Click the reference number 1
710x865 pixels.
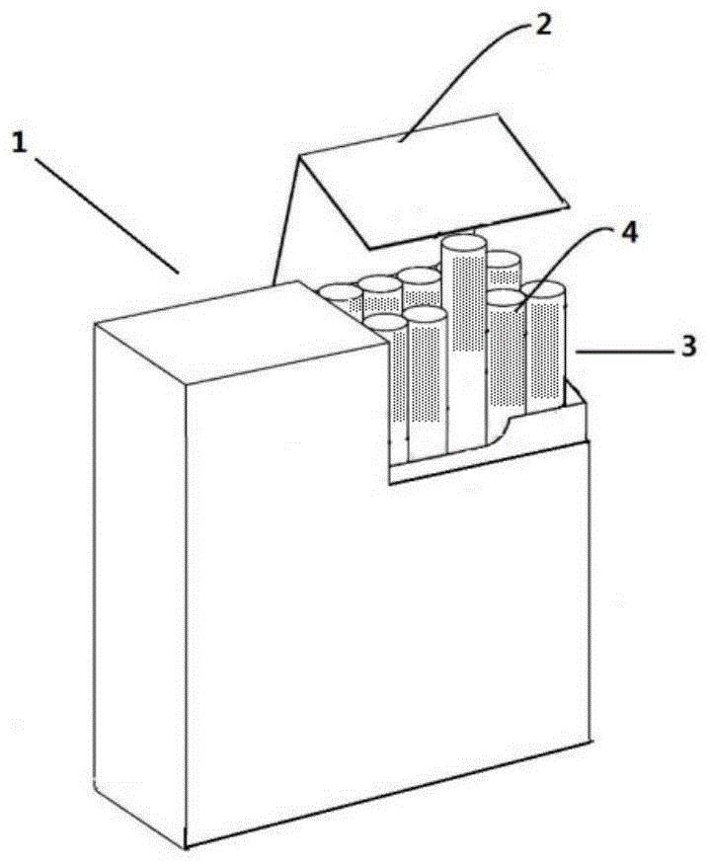coord(20,144)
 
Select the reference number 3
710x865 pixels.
coord(687,348)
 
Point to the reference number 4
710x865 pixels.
coord(629,232)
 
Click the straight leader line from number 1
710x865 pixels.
coord(107,215)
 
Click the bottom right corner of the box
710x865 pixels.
coord(591,742)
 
